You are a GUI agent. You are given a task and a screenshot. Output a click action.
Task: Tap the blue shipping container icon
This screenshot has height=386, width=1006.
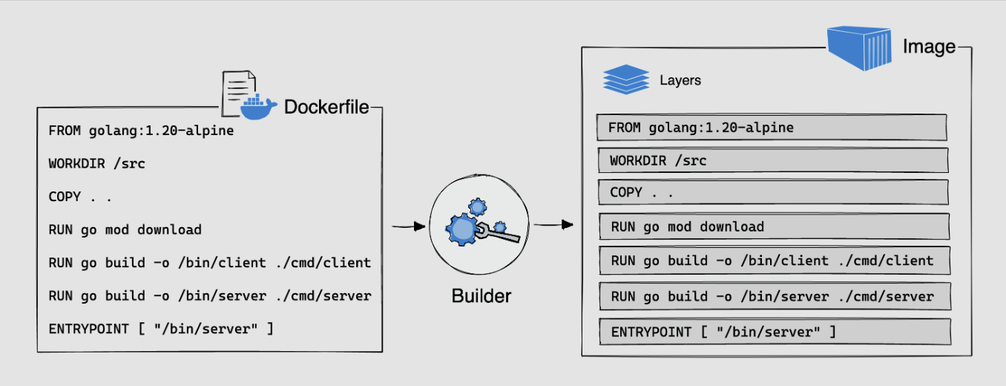point(860,48)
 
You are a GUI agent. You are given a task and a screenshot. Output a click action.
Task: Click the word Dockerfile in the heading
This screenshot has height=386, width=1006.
point(326,108)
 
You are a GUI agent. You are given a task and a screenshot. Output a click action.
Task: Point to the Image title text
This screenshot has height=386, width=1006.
point(929,48)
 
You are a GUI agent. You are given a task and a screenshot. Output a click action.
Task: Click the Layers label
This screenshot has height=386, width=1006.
point(680,80)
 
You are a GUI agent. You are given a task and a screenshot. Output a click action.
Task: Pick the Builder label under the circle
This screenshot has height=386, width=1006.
point(481,296)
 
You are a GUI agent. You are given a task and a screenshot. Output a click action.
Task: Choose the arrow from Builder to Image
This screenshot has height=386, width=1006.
point(556,223)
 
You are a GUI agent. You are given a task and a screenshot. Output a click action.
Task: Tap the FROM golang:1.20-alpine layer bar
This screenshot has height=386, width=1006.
point(772,128)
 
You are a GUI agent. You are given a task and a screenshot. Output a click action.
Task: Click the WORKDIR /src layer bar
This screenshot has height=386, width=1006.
point(772,160)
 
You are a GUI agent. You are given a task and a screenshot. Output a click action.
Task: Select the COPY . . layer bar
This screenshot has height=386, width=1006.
point(772,192)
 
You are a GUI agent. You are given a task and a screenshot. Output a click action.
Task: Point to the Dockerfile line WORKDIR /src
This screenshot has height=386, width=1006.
point(96,163)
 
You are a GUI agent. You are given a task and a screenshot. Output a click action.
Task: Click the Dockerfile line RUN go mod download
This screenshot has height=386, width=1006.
point(125,229)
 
